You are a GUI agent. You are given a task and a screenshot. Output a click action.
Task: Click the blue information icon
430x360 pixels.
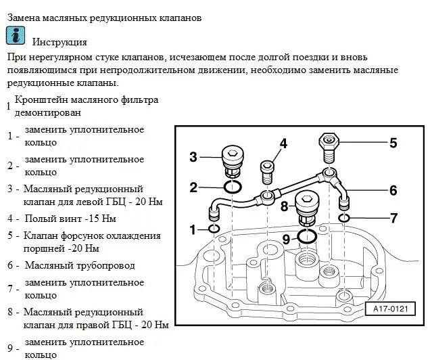coord(16,36)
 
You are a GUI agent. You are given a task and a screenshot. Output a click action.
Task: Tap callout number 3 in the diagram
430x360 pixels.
coord(193,157)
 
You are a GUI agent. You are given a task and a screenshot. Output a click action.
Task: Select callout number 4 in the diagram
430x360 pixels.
coord(283,143)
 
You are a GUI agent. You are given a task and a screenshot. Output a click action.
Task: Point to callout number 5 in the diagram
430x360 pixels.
coord(393,143)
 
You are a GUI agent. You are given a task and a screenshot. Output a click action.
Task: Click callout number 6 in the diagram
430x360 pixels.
coord(393,190)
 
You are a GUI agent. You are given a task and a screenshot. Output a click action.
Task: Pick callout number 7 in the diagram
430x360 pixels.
coord(393,218)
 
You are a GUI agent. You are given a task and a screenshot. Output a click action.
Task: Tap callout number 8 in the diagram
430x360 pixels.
coord(285,205)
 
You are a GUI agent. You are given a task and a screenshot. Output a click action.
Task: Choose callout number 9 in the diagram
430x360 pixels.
coord(285,238)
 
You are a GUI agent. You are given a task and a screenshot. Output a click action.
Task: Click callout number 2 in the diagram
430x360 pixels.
coord(193,187)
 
